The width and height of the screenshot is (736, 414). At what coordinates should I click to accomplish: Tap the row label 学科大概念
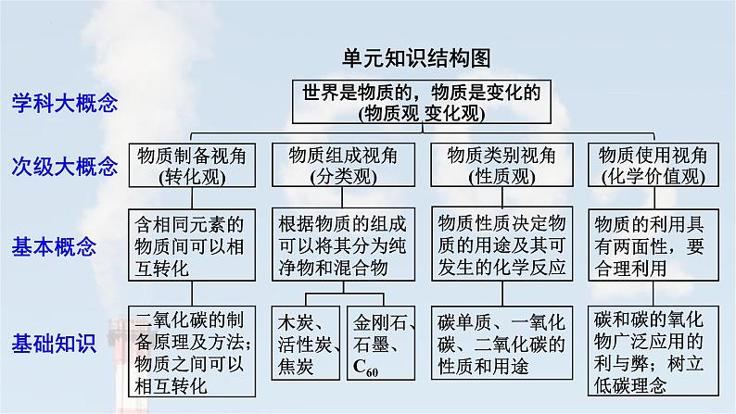(x=65, y=104)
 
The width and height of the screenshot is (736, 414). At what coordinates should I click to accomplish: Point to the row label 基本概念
(x=54, y=246)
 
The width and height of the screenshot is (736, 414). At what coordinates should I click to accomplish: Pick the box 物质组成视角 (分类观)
(x=343, y=165)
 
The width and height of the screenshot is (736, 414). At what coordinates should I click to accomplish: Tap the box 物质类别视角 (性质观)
(x=501, y=165)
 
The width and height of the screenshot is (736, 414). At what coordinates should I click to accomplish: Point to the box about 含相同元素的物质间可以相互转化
(x=188, y=246)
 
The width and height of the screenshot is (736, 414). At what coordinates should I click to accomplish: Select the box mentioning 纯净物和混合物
(x=343, y=246)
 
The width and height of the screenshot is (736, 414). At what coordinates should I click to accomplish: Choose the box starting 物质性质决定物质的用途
(x=501, y=246)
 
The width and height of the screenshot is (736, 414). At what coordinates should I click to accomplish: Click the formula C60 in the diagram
(x=367, y=373)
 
